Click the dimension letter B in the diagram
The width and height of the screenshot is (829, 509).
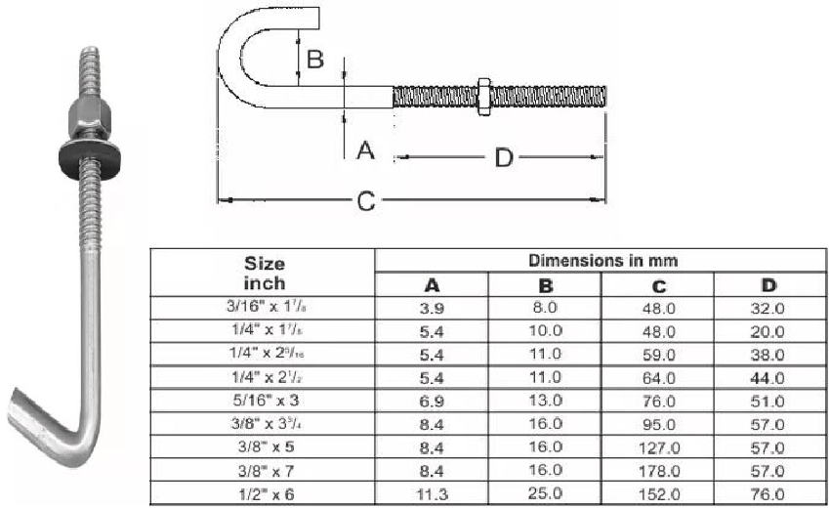coord(314,59)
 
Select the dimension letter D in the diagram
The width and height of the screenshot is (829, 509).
coord(504,156)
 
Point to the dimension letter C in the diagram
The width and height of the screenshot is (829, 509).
coord(364,201)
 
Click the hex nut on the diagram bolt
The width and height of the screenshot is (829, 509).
coord(484,96)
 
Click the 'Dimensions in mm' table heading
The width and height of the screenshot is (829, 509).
coord(602,261)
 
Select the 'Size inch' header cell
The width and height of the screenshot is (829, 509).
coord(265,274)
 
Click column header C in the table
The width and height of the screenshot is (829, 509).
coord(659,285)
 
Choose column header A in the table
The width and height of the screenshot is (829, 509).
coord(431,285)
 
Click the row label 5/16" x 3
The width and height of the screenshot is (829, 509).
coord(265,401)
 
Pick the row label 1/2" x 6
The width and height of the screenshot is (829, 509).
coord(265,492)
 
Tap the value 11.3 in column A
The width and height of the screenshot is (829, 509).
coord(431,492)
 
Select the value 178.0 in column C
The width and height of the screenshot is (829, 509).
coord(659,470)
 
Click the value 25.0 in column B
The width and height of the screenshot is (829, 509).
coord(546,492)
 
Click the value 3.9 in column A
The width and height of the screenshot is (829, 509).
coord(431,309)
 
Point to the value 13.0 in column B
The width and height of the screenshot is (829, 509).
coord(546,401)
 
